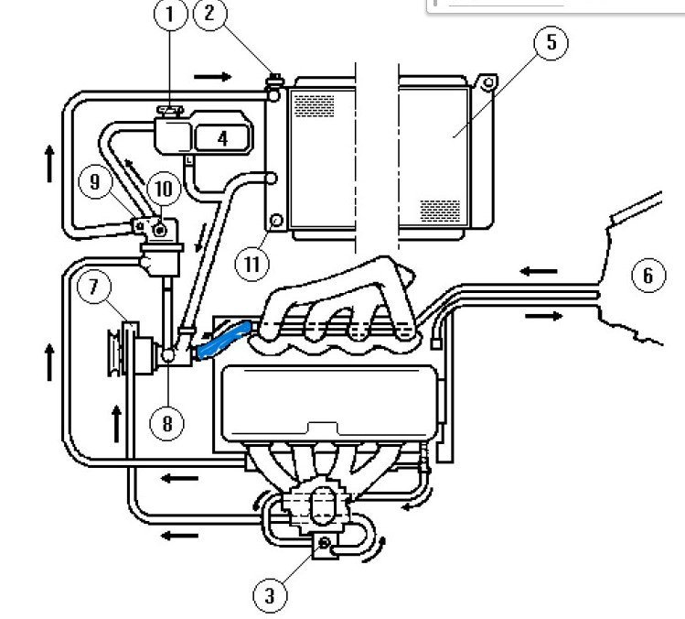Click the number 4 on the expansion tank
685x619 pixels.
[221, 139]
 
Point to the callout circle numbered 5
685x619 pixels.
[551, 43]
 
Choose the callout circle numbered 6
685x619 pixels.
[648, 275]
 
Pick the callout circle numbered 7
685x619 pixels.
[93, 288]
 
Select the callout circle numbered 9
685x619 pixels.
[95, 182]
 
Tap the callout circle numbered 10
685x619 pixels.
[162, 189]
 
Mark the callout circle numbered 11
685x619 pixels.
[253, 265]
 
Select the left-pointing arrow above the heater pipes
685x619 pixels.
[539, 271]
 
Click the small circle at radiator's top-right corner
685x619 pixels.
[488, 84]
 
